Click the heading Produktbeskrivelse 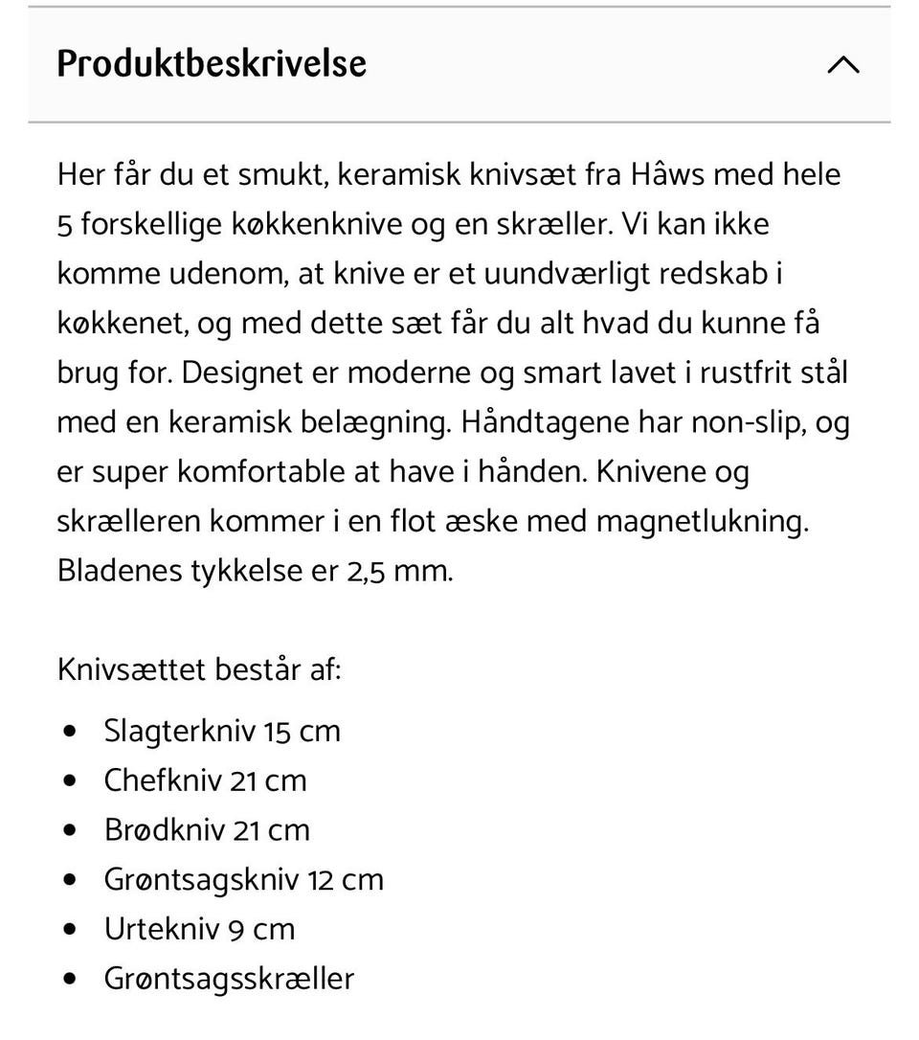212,64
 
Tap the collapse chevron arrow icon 843,65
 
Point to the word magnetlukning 702,522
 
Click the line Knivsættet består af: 199,669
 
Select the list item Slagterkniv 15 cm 222,732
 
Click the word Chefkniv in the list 163,780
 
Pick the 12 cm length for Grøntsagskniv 346,880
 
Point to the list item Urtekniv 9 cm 199,929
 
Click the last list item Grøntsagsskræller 229,979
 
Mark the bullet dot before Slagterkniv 69,732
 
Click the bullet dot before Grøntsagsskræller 69,979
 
